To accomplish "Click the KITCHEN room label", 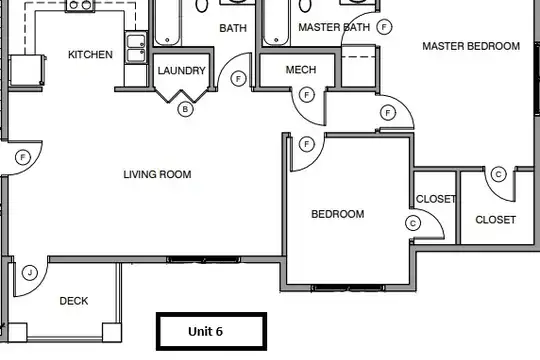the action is click(90, 54).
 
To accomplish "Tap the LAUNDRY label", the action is click(181, 71).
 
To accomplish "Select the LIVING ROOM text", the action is click(157, 174).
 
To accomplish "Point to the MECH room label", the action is click(301, 70).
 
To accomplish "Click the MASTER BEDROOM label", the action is click(471, 46).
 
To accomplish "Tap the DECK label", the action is click(74, 301).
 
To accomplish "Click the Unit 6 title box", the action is click(211, 331).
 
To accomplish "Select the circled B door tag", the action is click(185, 110).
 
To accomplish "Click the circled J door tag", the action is click(30, 273).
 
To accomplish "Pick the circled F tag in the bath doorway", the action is click(238, 79).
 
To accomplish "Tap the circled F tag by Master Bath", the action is click(384, 27).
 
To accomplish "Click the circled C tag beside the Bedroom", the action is click(413, 223).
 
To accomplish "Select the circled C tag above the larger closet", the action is click(498, 174).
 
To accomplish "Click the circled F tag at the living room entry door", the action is click(23, 158).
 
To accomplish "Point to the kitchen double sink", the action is click(136, 48).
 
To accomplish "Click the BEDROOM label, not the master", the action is click(338, 214).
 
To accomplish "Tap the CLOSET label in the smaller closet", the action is click(436, 199).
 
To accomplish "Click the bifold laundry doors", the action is click(181, 96).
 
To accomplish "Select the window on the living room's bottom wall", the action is click(204, 259).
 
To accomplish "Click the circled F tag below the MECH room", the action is click(307, 95).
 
